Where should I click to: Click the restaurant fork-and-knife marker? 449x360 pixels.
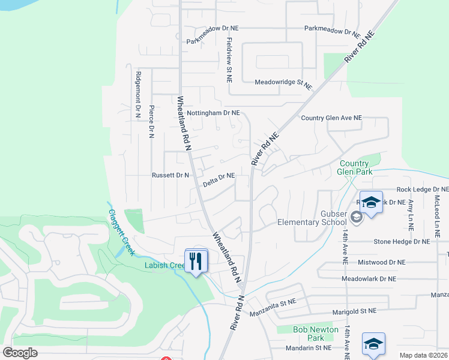click(x=196, y=261)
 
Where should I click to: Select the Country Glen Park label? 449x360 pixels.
click(x=354, y=167)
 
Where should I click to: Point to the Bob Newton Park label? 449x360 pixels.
click(x=316, y=334)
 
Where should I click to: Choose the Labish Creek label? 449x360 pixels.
click(x=164, y=265)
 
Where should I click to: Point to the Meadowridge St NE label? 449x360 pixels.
click(x=283, y=84)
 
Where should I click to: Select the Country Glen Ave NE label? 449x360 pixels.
click(x=331, y=118)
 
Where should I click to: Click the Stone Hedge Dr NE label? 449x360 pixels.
click(x=402, y=242)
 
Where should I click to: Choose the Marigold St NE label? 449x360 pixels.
click(x=354, y=311)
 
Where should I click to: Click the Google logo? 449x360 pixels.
click(x=20, y=353)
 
